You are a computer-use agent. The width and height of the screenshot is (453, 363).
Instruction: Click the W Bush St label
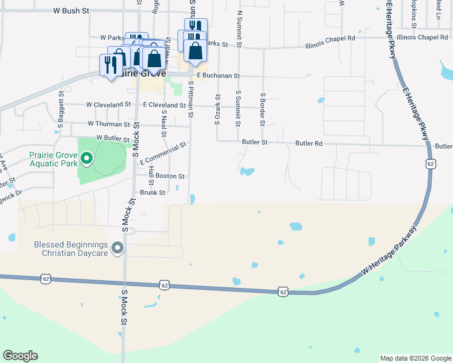tap(71, 11)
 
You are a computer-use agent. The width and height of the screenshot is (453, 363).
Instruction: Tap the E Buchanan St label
tap(217, 76)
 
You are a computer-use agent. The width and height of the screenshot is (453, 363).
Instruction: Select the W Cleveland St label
tap(109, 104)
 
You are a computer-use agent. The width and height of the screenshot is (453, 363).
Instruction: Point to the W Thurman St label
tap(109, 124)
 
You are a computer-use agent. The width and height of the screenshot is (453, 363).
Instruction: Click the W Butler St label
tap(113, 139)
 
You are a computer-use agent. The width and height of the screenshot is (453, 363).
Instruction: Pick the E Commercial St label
tap(162, 154)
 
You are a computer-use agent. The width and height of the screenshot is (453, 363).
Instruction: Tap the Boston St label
tap(170, 176)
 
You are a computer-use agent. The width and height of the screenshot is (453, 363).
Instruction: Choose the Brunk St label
tap(153, 192)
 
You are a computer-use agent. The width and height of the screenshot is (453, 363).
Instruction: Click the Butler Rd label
tap(309, 143)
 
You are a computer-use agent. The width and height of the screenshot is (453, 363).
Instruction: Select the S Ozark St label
tap(217, 110)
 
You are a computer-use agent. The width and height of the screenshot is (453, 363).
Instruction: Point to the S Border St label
tap(262, 110)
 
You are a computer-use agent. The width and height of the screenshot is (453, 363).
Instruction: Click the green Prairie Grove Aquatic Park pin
tap(87, 160)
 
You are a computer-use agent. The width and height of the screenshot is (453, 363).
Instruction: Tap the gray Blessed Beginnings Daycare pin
tap(118, 247)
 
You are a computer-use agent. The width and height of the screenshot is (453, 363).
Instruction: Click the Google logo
tap(20, 356)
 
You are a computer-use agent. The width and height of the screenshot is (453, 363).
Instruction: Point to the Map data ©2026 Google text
tap(415, 358)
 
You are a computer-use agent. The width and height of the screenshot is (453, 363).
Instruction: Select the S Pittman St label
tap(190, 96)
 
